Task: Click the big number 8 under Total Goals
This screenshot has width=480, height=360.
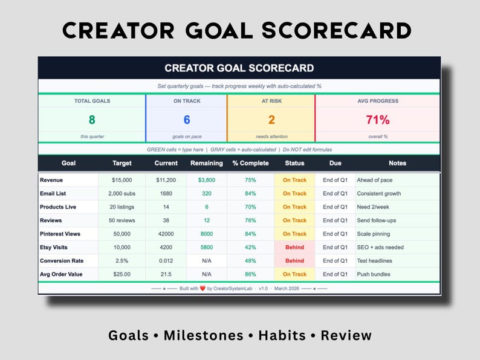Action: click(x=92, y=120)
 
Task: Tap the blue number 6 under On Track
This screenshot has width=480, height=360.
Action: click(x=187, y=120)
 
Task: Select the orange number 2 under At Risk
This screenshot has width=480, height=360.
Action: click(x=271, y=120)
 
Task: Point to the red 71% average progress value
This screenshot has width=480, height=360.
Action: click(x=378, y=120)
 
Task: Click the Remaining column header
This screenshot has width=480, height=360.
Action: click(x=207, y=163)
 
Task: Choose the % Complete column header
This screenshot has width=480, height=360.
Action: click(x=250, y=163)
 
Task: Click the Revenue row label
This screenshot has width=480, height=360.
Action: click(x=51, y=180)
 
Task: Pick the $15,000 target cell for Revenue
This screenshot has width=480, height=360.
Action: click(x=122, y=180)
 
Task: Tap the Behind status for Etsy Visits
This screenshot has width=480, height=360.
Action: click(x=294, y=247)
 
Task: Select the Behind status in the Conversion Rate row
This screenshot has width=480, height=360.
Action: click(x=294, y=261)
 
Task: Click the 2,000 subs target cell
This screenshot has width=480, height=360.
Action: click(x=122, y=194)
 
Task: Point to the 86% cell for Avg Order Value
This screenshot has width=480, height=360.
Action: click(x=250, y=274)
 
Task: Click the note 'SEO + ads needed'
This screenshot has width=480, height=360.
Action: click(x=380, y=247)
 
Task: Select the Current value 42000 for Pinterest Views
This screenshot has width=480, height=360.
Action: click(x=166, y=234)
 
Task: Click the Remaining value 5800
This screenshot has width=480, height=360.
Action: click(x=207, y=247)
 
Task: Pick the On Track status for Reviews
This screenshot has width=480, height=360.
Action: click(x=294, y=220)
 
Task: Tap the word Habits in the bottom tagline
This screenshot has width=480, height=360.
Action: click(x=285, y=335)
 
